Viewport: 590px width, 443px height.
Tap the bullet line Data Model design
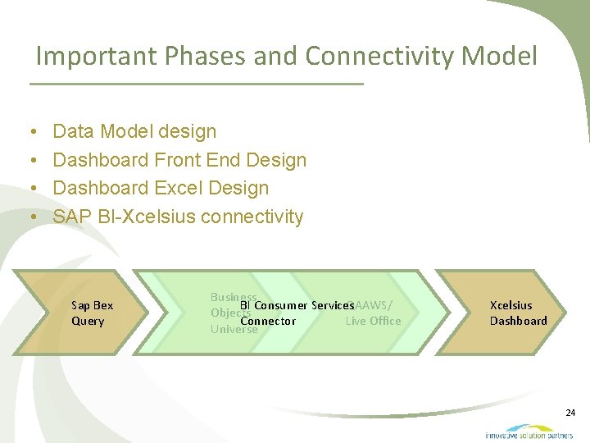134,131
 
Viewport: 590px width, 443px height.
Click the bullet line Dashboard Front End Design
179,160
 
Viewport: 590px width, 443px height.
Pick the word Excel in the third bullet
179,188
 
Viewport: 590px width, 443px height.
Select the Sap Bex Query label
92,313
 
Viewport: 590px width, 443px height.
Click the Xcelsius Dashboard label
518,313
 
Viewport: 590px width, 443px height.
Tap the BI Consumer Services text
297,305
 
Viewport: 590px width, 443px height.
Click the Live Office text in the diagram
373,321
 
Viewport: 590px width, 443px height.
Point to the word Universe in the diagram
234,329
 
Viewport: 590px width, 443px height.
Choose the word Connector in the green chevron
268,321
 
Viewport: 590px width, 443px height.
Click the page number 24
570,413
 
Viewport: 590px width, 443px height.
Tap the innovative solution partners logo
529,432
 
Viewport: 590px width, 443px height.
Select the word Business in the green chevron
234,297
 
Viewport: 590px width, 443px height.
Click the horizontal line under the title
197,84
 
